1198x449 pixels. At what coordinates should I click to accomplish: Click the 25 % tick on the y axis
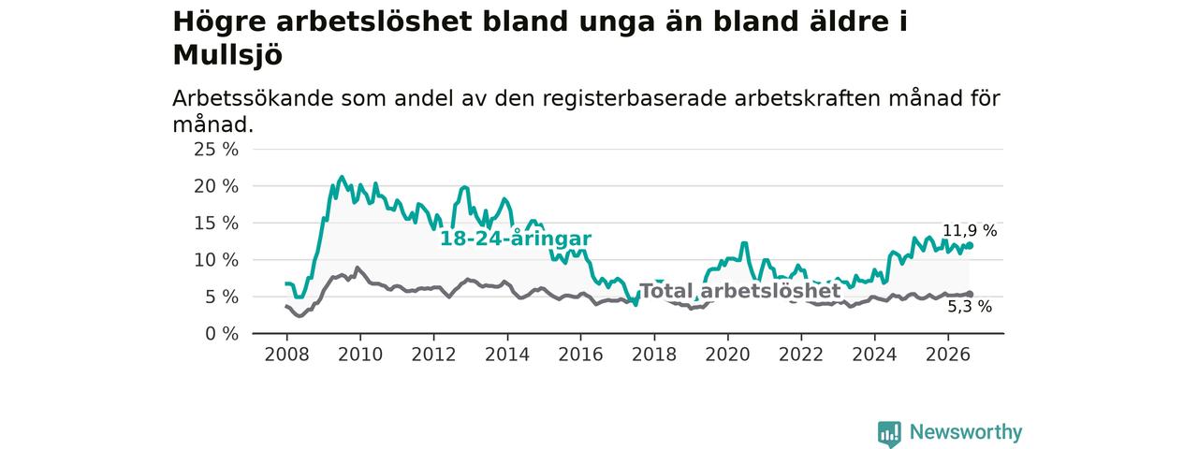pyautogui.click(x=216, y=150)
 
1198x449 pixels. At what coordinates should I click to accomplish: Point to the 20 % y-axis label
pyautogui.click(x=216, y=186)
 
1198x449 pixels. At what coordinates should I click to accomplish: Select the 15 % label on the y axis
pyautogui.click(x=216, y=224)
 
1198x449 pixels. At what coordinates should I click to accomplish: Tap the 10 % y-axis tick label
pyautogui.click(x=216, y=260)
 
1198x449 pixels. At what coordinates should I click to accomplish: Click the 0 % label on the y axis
pyautogui.click(x=222, y=334)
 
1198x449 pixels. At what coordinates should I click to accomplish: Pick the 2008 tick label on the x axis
pyautogui.click(x=286, y=355)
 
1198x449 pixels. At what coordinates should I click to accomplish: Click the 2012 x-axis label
pyautogui.click(x=433, y=355)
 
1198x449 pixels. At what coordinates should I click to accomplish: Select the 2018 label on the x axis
pyautogui.click(x=654, y=355)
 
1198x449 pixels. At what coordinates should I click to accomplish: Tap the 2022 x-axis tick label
pyautogui.click(x=801, y=355)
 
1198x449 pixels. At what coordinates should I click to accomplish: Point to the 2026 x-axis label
pyautogui.click(x=948, y=355)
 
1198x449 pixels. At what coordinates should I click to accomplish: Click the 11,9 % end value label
pyautogui.click(x=970, y=231)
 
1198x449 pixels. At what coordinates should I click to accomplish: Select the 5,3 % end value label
pyautogui.click(x=970, y=307)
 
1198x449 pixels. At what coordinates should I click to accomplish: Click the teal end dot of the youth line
pyautogui.click(x=971, y=245)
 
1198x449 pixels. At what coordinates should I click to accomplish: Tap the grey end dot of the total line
pyautogui.click(x=971, y=294)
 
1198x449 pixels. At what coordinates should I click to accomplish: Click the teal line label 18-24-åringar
pyautogui.click(x=516, y=239)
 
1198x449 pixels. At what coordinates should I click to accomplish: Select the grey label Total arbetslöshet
pyautogui.click(x=740, y=291)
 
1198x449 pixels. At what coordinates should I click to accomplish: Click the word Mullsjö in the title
pyautogui.click(x=227, y=55)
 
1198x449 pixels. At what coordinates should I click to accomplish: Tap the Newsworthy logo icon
pyautogui.click(x=889, y=432)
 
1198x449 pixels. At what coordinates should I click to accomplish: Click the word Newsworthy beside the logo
pyautogui.click(x=966, y=432)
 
